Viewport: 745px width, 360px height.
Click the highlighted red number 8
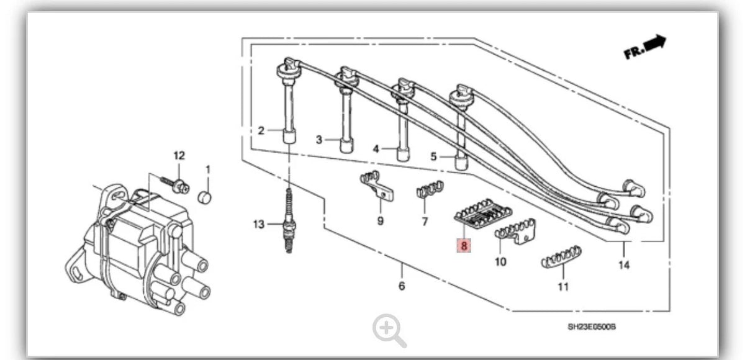click(464, 246)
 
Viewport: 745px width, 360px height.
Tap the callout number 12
click(179, 155)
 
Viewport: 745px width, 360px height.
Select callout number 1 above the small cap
click(208, 169)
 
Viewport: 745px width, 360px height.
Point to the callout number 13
click(259, 224)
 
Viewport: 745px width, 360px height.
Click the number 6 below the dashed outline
click(402, 286)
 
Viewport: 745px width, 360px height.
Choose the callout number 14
click(624, 265)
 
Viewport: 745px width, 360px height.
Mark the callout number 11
click(563, 287)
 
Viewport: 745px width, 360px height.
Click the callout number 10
click(500, 262)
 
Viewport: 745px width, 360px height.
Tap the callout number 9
click(381, 221)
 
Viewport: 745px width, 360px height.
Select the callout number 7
click(425, 222)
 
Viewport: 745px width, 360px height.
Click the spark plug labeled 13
click(289, 221)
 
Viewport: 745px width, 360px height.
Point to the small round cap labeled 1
click(204, 197)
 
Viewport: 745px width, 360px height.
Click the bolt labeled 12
click(175, 185)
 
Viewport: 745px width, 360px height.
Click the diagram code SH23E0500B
click(592, 327)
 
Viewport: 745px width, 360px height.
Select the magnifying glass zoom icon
click(389, 330)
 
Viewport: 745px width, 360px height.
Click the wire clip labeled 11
click(561, 256)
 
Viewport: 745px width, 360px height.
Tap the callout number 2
click(261, 130)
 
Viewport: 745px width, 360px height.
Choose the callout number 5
click(433, 156)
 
